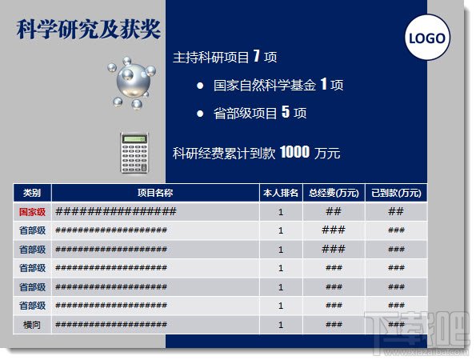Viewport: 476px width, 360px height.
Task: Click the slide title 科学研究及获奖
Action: click(x=89, y=29)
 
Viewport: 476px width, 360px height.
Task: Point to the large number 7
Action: click(x=256, y=57)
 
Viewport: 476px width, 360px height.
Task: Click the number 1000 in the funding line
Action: click(x=294, y=152)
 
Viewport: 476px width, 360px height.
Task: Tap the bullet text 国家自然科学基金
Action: click(x=266, y=85)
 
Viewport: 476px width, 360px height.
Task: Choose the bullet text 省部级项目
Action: click(x=246, y=113)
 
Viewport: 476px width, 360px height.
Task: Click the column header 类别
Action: click(x=32, y=193)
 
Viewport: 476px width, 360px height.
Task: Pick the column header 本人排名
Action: click(x=280, y=193)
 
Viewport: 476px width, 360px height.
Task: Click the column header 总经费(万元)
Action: click(x=334, y=193)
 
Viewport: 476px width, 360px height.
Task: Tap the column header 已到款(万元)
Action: click(x=395, y=193)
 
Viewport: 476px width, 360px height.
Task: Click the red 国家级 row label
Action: click(x=32, y=212)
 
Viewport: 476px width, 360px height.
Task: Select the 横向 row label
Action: click(x=32, y=325)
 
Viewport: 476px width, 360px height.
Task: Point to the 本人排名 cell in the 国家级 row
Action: click(x=280, y=212)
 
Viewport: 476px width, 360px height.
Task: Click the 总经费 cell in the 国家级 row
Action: click(x=334, y=212)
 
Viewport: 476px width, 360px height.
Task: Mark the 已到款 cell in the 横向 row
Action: click(x=395, y=325)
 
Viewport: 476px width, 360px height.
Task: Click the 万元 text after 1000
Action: click(x=327, y=153)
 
